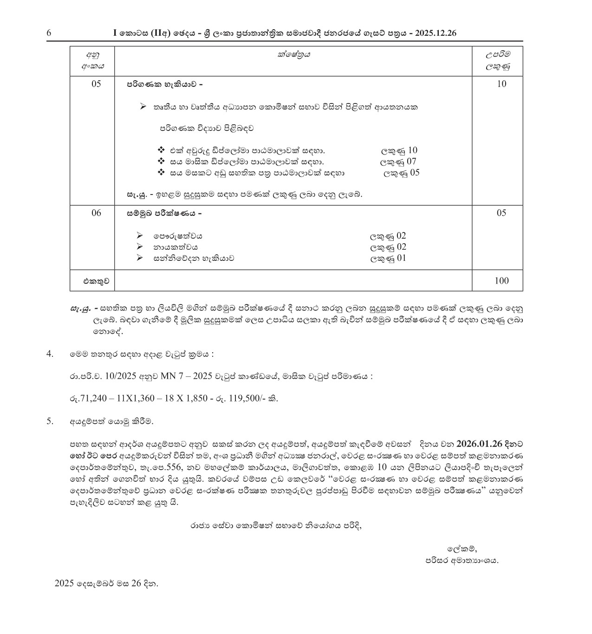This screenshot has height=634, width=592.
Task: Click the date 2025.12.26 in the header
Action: click(x=436, y=33)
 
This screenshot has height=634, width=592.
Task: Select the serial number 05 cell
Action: click(x=96, y=84)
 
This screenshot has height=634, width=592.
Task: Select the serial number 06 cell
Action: click(x=96, y=213)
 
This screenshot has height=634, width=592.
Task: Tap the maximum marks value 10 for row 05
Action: click(x=501, y=84)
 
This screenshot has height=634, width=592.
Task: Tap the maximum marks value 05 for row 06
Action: click(x=501, y=213)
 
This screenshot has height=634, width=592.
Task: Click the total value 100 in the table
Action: click(x=501, y=280)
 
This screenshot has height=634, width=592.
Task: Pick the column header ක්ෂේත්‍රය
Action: click(x=293, y=55)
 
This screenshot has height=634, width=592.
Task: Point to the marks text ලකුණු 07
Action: click(x=398, y=162)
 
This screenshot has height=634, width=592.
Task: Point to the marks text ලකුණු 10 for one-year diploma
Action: click(x=399, y=150)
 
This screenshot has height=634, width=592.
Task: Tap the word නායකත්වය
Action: click(x=179, y=247)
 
